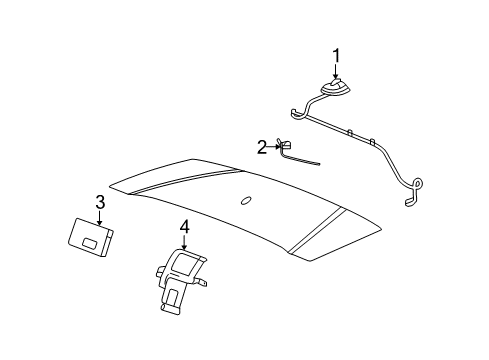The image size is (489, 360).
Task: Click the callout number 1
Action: [337, 55]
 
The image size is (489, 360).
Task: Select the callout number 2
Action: [262, 147]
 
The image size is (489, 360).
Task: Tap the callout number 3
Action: [99, 203]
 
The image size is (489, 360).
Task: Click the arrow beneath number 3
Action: [99, 217]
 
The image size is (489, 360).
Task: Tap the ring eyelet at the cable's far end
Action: [417, 184]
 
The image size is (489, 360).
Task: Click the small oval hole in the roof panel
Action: [246, 200]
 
